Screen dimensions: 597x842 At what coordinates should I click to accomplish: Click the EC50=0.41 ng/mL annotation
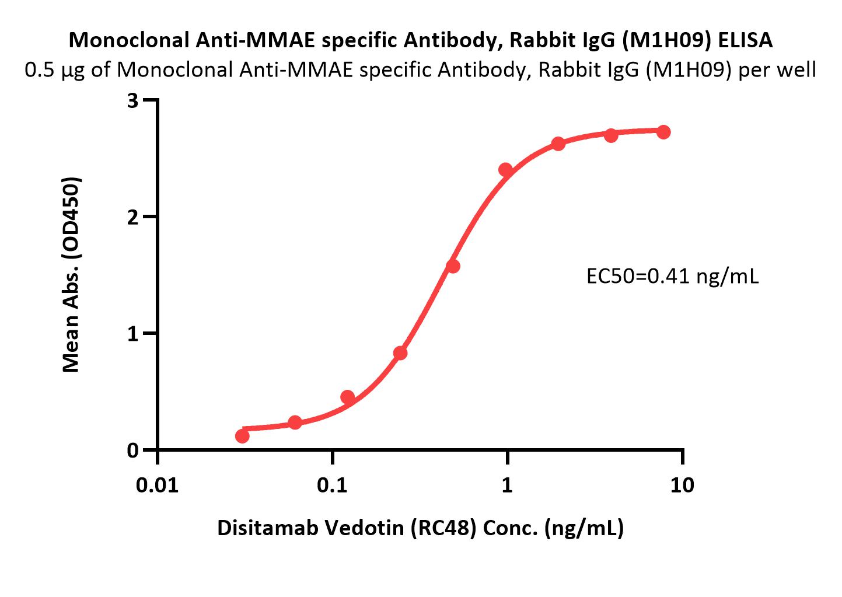click(672, 276)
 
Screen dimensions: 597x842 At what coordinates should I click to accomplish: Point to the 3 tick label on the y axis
click(134, 100)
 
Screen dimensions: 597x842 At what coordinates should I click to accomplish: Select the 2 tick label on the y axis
click(134, 217)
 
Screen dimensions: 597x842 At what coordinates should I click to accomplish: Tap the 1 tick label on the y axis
click(134, 334)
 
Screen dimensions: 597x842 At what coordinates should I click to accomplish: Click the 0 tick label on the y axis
click(134, 451)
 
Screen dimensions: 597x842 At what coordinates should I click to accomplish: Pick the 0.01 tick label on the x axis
click(158, 484)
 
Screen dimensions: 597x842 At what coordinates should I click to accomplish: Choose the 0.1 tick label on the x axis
click(333, 484)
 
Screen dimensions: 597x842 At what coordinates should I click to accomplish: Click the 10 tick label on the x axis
click(683, 484)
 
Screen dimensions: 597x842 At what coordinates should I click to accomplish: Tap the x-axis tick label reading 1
click(508, 484)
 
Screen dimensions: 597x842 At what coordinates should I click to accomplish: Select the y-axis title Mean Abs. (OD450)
click(71, 274)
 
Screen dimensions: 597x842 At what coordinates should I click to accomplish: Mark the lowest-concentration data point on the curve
click(242, 436)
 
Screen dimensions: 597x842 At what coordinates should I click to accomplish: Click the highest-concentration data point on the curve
click(663, 132)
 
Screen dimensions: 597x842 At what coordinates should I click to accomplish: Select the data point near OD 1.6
click(453, 266)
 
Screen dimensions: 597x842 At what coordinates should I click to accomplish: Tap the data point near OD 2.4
click(505, 170)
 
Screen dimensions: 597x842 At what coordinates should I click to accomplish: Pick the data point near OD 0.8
click(400, 353)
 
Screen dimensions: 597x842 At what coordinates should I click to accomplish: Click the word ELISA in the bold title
click(745, 40)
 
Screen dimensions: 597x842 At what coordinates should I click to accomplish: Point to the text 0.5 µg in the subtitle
click(56, 70)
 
